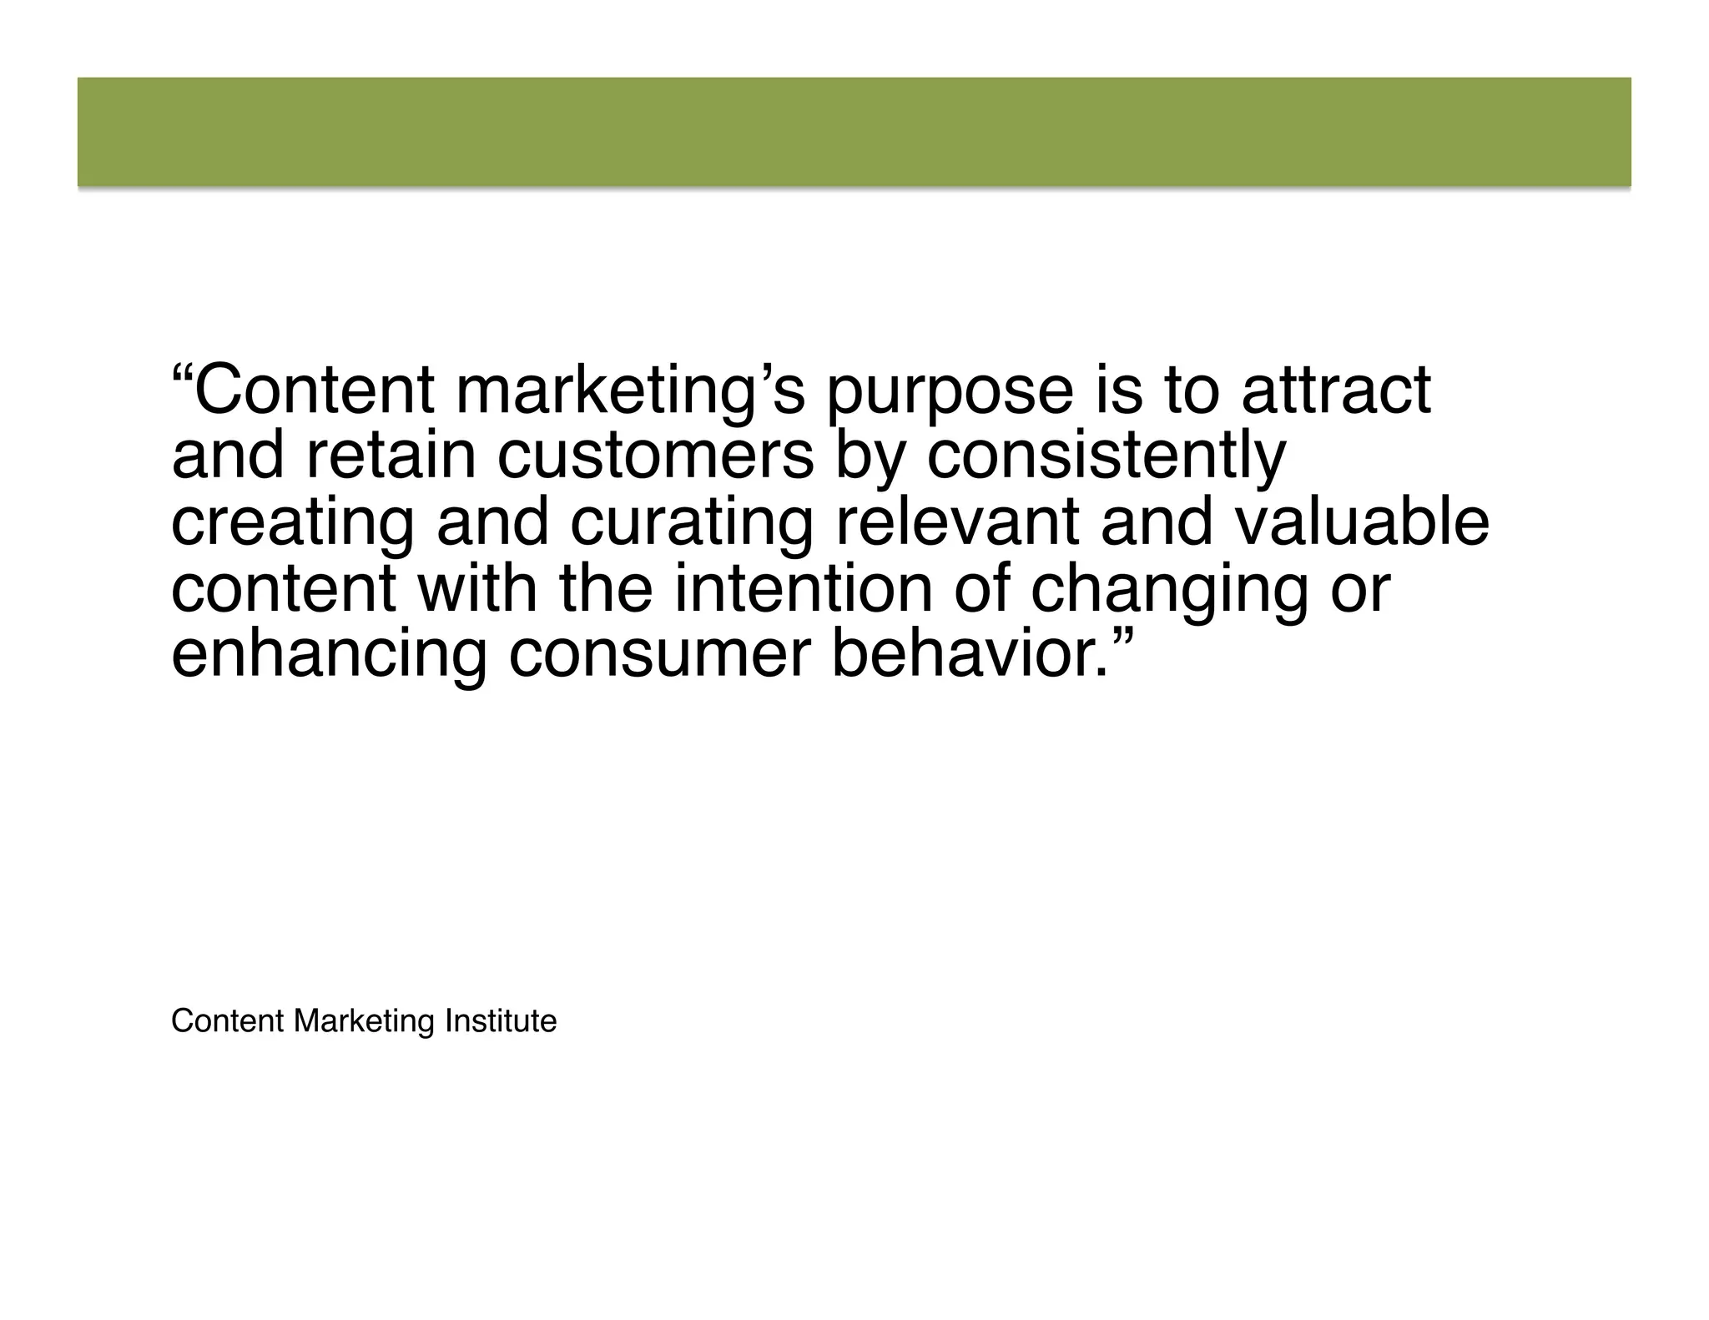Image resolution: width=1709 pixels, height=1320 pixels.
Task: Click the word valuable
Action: click(x=1361, y=522)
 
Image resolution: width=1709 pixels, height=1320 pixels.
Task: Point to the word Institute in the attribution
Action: click(x=501, y=1020)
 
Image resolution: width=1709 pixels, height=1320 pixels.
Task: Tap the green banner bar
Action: click(x=854, y=132)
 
